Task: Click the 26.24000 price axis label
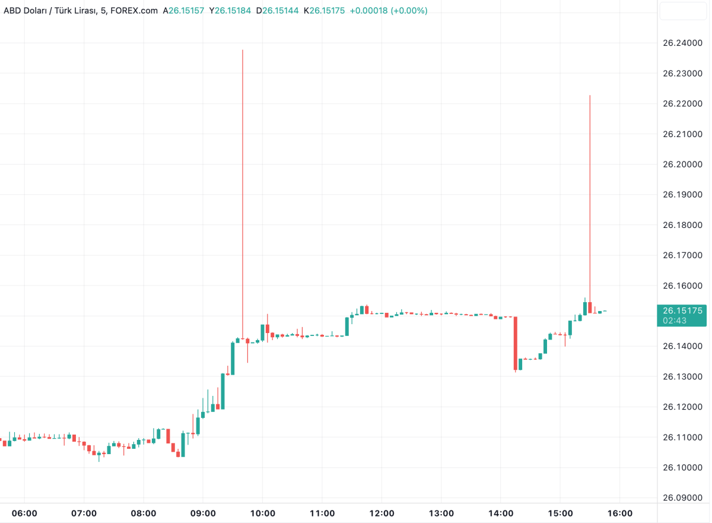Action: click(682, 43)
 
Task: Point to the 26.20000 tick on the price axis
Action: click(682, 164)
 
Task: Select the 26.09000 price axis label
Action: click(682, 498)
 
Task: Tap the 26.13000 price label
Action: click(682, 377)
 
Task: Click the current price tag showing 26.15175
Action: click(682, 310)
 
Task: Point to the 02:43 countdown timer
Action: click(675, 321)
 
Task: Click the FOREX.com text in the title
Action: click(134, 11)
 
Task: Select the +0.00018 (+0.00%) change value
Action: click(389, 11)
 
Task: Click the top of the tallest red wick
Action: click(243, 50)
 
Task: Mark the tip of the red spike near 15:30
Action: click(590, 96)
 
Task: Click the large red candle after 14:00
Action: click(516, 343)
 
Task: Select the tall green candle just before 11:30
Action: click(347, 326)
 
